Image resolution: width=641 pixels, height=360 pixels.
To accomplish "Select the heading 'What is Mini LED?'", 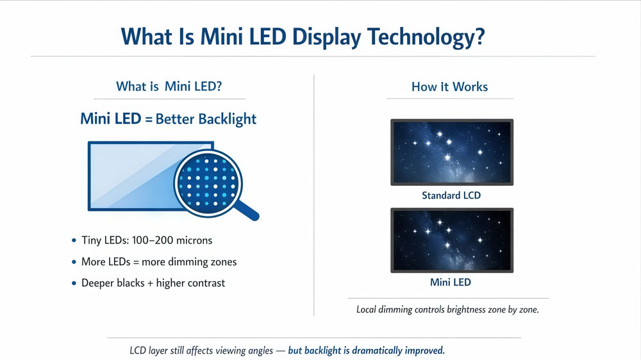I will click(169, 86).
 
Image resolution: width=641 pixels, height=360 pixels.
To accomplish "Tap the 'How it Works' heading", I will click(449, 86).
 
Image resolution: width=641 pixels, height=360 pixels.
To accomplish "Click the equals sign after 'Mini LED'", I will click(149, 120).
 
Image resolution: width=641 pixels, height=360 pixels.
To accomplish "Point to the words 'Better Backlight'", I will click(206, 119).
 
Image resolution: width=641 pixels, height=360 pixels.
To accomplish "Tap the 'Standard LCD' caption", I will click(451, 195).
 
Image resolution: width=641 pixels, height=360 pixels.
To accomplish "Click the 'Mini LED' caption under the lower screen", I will click(451, 282).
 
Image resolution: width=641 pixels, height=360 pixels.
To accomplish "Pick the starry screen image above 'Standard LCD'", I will click(451, 152).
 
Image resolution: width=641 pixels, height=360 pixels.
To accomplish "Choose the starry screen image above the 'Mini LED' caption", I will click(451, 240).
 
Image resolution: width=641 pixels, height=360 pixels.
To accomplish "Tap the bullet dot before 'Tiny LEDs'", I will click(74, 241).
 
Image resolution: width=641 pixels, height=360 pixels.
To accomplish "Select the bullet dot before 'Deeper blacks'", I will click(74, 283).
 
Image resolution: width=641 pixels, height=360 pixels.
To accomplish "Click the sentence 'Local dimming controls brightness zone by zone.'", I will click(447, 309).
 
